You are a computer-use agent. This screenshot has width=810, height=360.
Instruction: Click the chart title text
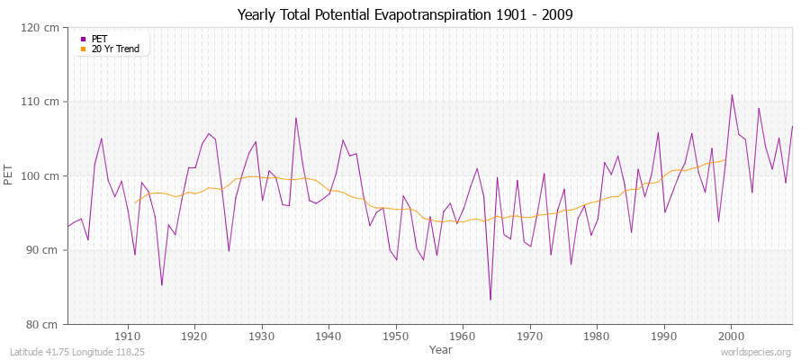pyautogui.click(x=404, y=14)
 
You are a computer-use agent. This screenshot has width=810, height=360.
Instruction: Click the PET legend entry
pyautogui.click(x=100, y=39)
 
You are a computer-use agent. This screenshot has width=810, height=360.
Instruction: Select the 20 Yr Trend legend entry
pyautogui.click(x=115, y=49)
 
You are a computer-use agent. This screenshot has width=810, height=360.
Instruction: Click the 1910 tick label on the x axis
pyautogui.click(x=128, y=336)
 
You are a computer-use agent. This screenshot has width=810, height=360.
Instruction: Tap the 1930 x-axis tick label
pyautogui.click(x=262, y=336)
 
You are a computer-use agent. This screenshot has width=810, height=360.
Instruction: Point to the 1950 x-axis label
pyautogui.click(x=396, y=336)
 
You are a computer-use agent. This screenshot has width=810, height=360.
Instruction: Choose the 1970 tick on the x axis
pyautogui.click(x=530, y=336)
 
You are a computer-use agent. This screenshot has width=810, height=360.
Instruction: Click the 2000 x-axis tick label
pyautogui.click(x=731, y=336)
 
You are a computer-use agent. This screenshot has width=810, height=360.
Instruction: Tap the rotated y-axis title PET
pyautogui.click(x=10, y=175)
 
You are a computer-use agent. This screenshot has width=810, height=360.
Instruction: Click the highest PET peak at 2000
pyautogui.click(x=732, y=94)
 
